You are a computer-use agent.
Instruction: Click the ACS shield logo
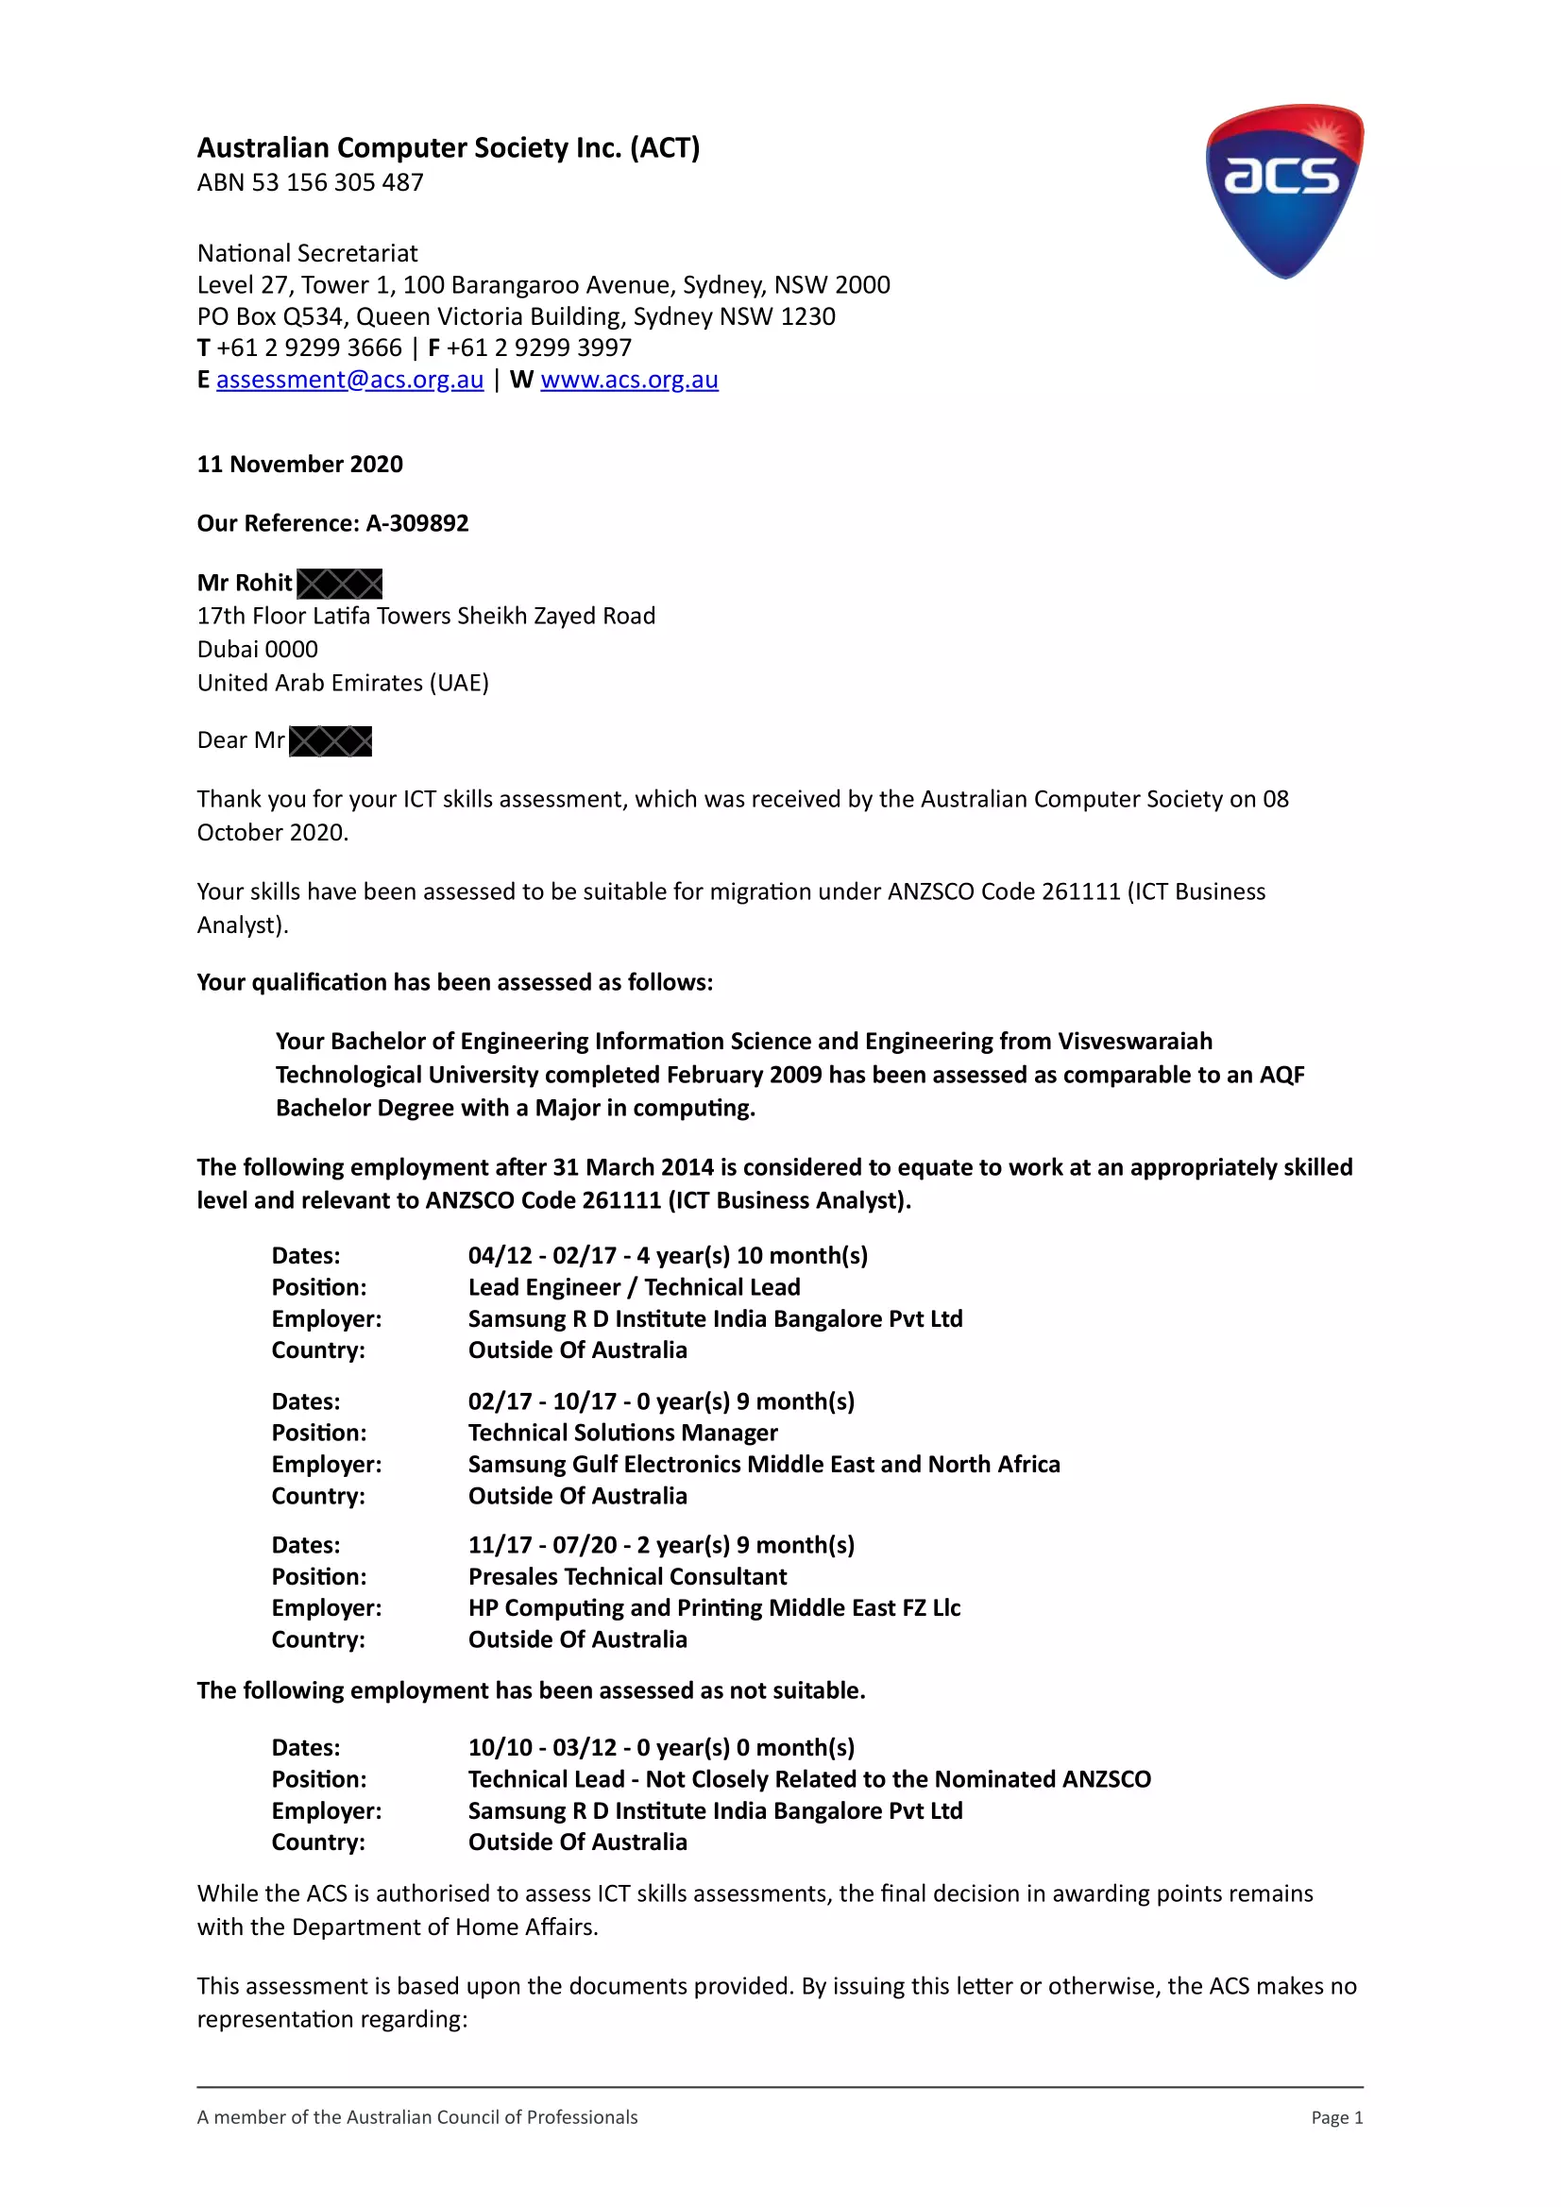point(1284,192)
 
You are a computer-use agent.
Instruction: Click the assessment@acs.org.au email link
point(349,380)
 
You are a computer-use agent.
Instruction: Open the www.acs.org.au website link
point(629,380)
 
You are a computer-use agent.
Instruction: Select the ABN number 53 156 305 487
point(336,182)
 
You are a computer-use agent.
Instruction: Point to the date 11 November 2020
point(300,465)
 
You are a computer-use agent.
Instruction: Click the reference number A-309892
point(417,523)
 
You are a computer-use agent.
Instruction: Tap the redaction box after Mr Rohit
point(339,584)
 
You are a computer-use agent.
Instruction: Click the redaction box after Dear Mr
point(330,741)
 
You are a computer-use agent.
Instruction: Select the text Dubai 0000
point(258,650)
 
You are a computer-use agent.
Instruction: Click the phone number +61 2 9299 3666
point(309,348)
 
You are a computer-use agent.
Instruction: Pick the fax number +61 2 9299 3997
point(538,348)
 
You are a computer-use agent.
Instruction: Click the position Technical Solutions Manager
point(623,1433)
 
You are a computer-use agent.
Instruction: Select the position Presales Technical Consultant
point(627,1576)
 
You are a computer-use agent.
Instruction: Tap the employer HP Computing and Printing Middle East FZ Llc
point(714,1608)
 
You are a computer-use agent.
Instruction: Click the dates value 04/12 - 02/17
point(542,1255)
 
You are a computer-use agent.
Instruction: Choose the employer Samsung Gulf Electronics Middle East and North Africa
point(764,1464)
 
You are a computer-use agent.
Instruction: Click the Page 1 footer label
point(1336,2117)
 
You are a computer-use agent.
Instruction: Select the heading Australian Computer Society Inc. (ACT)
point(448,148)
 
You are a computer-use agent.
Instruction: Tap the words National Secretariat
point(308,254)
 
